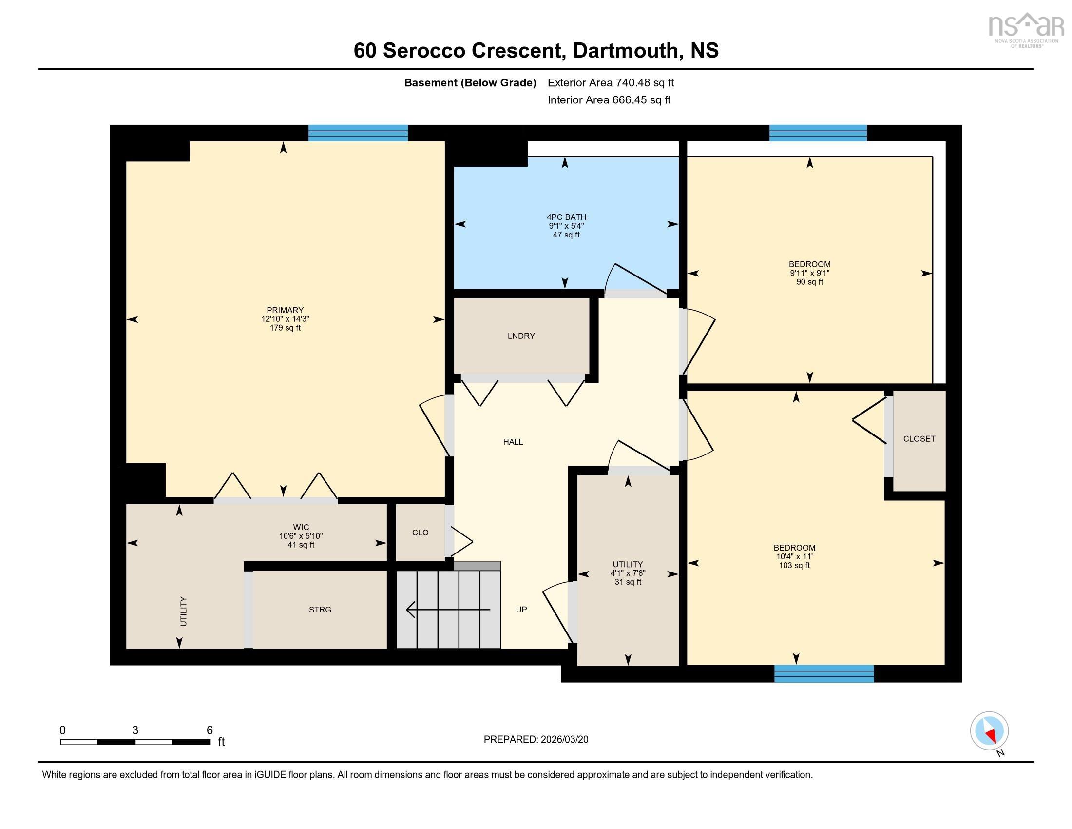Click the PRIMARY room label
click(285, 310)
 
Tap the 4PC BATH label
click(566, 217)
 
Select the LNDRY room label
click(521, 336)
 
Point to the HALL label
click(513, 442)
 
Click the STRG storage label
click(320, 610)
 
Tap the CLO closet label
click(420, 533)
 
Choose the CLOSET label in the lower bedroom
click(919, 439)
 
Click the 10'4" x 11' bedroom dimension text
click(794, 556)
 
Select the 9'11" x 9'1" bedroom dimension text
click(809, 273)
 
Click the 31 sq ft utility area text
click(628, 582)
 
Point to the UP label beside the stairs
click(521, 610)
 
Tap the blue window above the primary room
click(358, 133)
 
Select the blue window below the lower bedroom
click(823, 673)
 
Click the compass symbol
click(989, 731)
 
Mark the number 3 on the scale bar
click(135, 730)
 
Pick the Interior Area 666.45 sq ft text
click(609, 100)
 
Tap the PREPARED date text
click(536, 740)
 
